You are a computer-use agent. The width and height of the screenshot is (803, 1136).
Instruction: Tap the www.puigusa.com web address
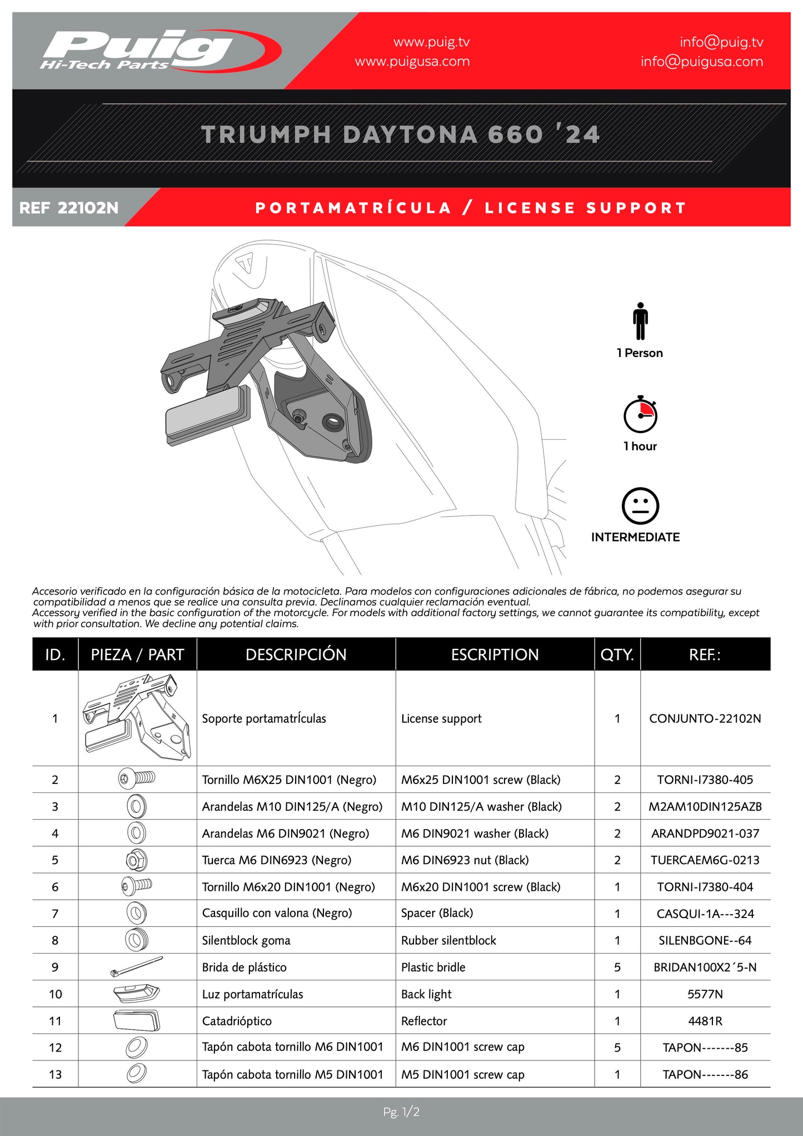[412, 62]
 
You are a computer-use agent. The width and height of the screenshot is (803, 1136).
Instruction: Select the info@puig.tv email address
[721, 42]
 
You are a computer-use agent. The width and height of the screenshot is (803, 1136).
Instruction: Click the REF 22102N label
[69, 208]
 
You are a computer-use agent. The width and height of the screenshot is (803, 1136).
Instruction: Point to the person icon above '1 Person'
[640, 321]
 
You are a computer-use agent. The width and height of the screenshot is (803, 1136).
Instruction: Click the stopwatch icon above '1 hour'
[640, 415]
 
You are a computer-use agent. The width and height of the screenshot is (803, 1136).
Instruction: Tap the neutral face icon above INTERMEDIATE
[640, 506]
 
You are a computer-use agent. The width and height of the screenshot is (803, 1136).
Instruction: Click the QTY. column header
[617, 654]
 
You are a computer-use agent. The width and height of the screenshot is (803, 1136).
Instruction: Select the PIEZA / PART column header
[137, 654]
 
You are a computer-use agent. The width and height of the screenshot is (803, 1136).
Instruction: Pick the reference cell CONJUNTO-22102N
[705, 718]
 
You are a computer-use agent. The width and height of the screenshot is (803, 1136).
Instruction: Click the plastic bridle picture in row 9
[137, 966]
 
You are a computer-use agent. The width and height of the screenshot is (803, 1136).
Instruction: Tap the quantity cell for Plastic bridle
[617, 968]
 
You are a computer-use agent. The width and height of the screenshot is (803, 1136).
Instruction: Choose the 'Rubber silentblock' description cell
[448, 940]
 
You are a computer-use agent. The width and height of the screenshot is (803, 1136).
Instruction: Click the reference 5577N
[705, 994]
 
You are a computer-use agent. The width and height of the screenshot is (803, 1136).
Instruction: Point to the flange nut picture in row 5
[136, 860]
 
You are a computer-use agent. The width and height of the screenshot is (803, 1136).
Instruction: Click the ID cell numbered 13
[55, 1074]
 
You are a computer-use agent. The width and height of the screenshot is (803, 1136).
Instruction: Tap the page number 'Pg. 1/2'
[401, 1112]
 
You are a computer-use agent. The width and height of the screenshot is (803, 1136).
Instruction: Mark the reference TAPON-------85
[705, 1048]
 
